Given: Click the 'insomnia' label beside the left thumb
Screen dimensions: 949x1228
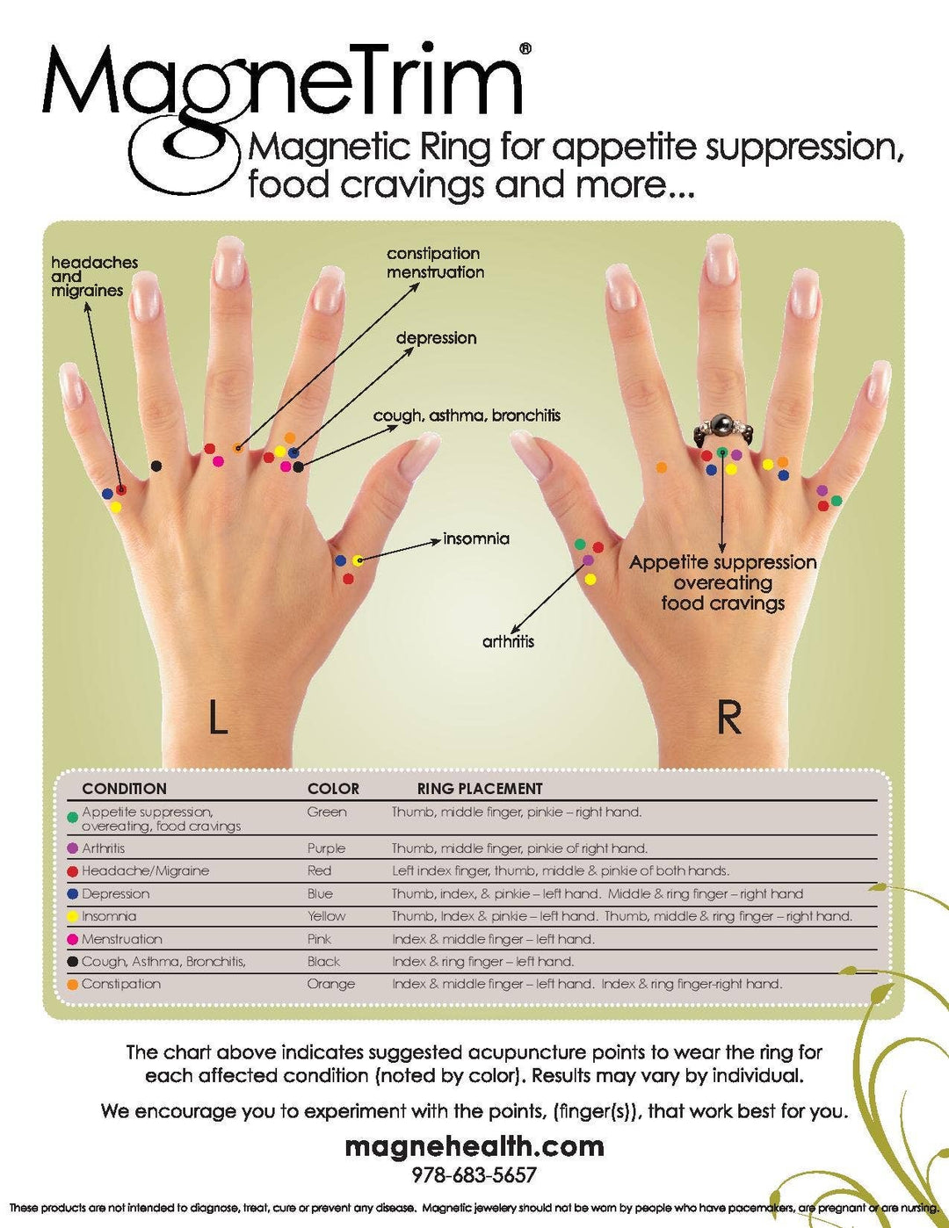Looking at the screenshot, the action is coord(476,538).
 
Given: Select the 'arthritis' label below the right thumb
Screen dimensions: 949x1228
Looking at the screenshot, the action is coord(508,641).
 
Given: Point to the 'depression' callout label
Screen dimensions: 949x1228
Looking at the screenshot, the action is coord(437,338).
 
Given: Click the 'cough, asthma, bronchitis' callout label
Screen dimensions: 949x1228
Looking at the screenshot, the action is coord(467,416).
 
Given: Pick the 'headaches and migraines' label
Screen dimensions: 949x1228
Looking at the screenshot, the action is coord(94,277).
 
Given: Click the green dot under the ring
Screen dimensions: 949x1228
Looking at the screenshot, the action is coord(721,451).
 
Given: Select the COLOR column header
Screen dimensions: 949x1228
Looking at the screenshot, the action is coord(333,789).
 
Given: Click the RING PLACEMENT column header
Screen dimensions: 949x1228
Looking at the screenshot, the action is coord(480,789).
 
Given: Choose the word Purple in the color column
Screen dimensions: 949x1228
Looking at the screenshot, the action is coord(326,849).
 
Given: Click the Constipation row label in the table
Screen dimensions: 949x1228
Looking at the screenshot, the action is coord(121,984).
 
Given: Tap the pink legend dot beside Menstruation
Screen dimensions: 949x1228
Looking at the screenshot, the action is coord(72,939).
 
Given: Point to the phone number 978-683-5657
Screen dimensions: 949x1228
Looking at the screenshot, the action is coord(474,1175).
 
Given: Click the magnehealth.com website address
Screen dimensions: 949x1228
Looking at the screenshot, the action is coord(474,1146).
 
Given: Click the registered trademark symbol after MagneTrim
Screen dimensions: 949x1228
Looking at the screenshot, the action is coord(525,49).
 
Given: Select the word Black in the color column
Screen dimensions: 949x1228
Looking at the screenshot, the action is coord(323,961).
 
